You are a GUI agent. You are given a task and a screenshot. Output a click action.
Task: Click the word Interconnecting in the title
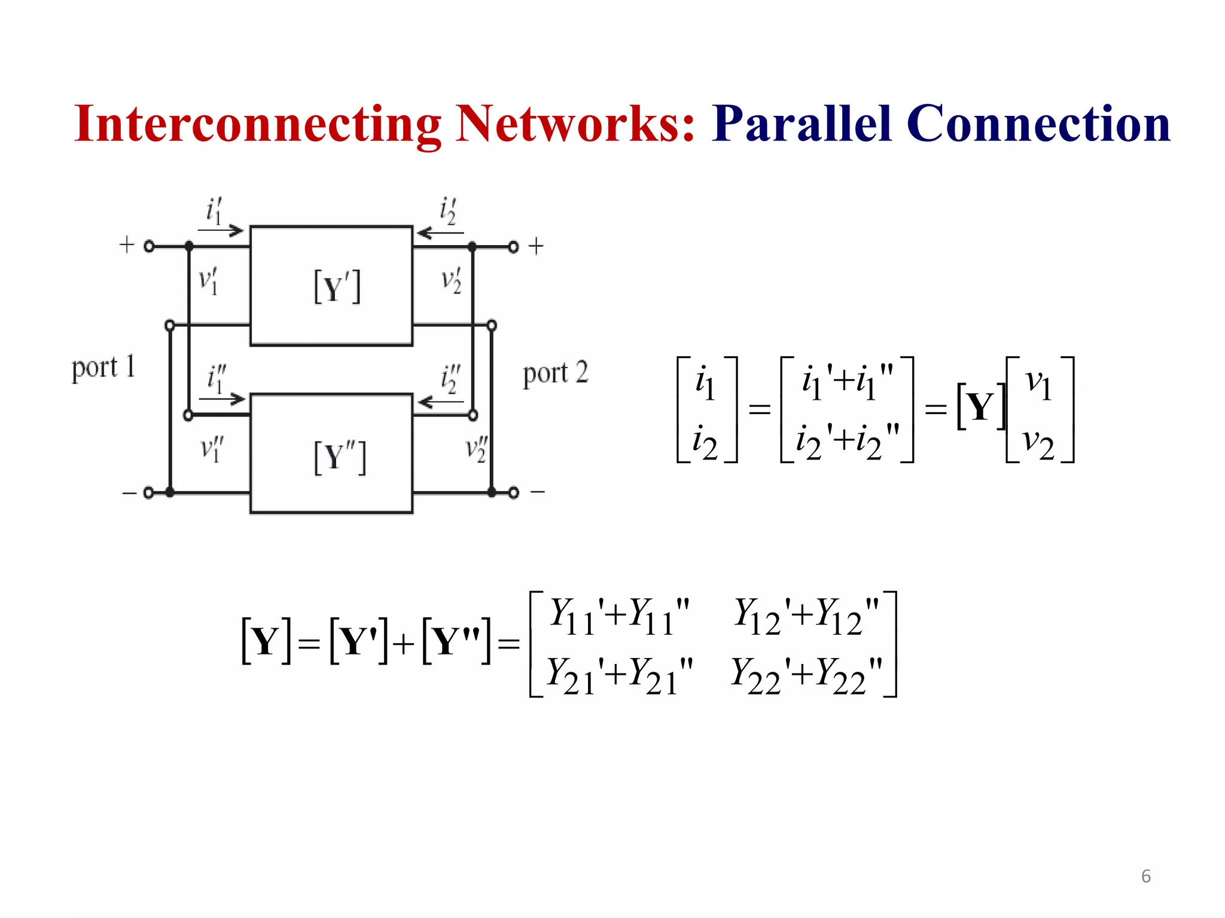pyautogui.click(x=257, y=124)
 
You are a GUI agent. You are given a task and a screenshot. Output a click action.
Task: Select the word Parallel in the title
pyautogui.click(x=802, y=124)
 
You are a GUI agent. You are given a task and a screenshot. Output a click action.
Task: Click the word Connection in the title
pyautogui.click(x=1038, y=124)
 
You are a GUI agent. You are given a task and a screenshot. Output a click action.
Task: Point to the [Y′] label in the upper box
pyautogui.click(x=337, y=287)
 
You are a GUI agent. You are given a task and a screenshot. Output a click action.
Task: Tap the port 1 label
pyautogui.click(x=103, y=368)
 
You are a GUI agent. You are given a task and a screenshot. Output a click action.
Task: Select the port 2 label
pyautogui.click(x=555, y=374)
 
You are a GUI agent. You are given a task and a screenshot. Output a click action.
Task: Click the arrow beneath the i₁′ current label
pyautogui.click(x=221, y=230)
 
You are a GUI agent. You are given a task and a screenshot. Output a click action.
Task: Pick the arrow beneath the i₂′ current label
pyautogui.click(x=440, y=232)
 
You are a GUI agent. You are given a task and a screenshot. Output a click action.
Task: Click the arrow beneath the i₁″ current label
pyautogui.click(x=222, y=399)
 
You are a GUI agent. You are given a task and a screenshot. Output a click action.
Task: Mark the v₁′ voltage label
pyautogui.click(x=208, y=281)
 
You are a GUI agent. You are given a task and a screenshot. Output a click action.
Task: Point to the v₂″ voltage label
pyautogui.click(x=477, y=449)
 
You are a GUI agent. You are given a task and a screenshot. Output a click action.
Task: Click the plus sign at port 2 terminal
pyautogui.click(x=536, y=246)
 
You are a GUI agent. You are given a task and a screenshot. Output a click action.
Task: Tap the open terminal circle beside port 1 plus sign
pyautogui.click(x=150, y=246)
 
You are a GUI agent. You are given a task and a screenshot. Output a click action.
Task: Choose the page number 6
pyautogui.click(x=1145, y=876)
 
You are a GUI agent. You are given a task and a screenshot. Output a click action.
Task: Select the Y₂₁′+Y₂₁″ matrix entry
pyautogui.click(x=620, y=676)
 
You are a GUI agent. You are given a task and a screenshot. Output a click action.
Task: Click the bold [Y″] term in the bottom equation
pyautogui.click(x=456, y=642)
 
